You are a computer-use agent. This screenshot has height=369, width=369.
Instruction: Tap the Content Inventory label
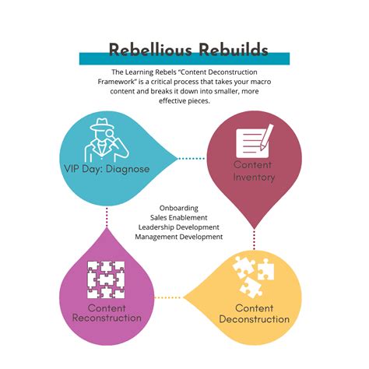point(255,171)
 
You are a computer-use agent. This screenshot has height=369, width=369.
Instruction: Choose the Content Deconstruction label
point(254,314)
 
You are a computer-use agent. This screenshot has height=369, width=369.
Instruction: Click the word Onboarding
point(179,208)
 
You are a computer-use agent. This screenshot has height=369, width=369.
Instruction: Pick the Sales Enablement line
point(180,217)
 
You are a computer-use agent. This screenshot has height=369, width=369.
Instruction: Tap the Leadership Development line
point(180,227)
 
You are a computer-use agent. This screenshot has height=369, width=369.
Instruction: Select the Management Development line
point(180,236)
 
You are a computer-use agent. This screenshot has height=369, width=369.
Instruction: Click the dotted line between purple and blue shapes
point(107,218)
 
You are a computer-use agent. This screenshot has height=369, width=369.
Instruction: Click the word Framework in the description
point(119,80)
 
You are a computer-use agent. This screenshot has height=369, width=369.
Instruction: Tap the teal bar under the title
point(184,59)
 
